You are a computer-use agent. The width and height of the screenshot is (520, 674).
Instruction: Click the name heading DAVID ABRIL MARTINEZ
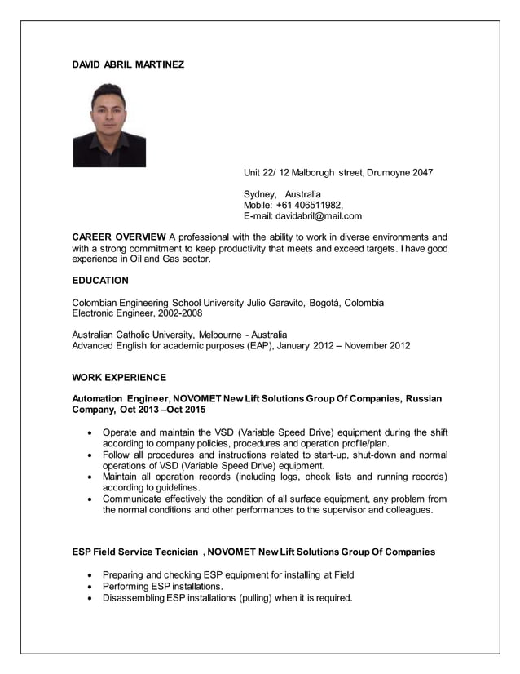point(128,64)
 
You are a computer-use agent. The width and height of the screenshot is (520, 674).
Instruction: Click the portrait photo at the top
point(109,125)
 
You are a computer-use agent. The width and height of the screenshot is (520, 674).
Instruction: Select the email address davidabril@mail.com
point(319,216)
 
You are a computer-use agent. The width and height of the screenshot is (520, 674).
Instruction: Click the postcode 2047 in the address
point(421,172)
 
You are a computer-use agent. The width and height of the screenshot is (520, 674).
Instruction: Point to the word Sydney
point(260,194)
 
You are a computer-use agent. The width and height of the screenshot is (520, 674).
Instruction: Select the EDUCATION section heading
point(100,281)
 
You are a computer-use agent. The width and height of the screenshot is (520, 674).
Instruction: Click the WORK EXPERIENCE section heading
point(119,378)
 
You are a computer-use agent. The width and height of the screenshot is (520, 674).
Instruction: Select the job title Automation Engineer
point(120,398)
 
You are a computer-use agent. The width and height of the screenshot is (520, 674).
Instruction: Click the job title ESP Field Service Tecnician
point(135,552)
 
